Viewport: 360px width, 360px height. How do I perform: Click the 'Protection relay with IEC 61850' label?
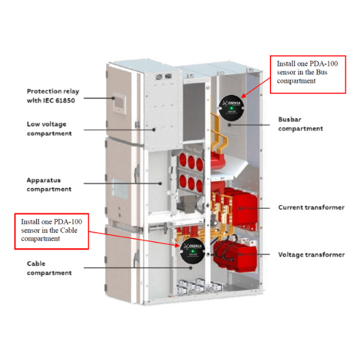(x=53, y=95)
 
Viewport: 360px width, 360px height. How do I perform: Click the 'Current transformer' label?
(x=311, y=208)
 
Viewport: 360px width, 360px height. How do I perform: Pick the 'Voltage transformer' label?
(x=311, y=254)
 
